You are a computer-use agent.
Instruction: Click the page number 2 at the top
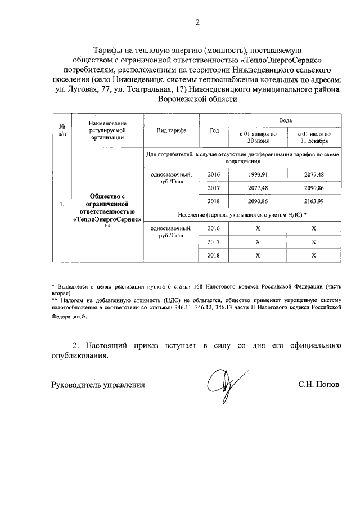(197, 22)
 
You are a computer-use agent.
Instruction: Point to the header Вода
(286, 120)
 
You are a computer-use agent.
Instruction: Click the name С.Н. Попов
(319, 385)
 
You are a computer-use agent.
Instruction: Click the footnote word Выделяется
(70, 286)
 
